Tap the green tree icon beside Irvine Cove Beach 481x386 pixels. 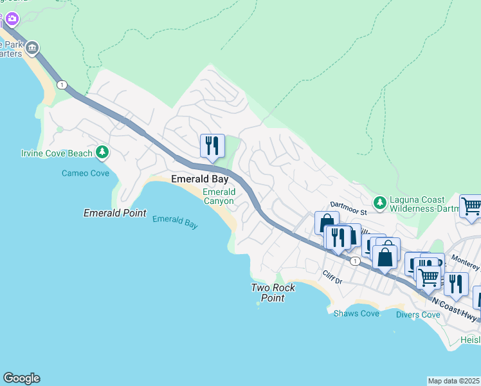click(102, 152)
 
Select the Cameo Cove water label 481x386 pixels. click(85, 173)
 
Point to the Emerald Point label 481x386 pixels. click(115, 213)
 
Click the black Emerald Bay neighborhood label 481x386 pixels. click(199, 179)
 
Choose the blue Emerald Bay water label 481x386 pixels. click(175, 222)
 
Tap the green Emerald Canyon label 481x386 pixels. click(219, 196)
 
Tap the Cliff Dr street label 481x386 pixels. click(335, 275)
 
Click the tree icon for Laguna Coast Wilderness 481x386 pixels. click(380, 203)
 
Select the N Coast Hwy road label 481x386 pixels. click(455, 308)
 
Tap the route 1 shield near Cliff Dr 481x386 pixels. click(354, 261)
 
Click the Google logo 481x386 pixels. click(21, 378)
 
